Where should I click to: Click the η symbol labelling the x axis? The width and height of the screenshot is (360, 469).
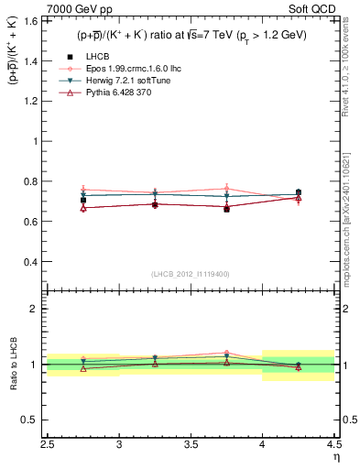(335, 458)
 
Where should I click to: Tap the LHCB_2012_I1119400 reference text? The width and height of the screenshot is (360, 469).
(191, 274)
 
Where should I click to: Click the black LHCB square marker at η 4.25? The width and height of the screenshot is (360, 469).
(299, 193)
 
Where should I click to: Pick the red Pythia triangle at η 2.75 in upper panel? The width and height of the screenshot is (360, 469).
(83, 208)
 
